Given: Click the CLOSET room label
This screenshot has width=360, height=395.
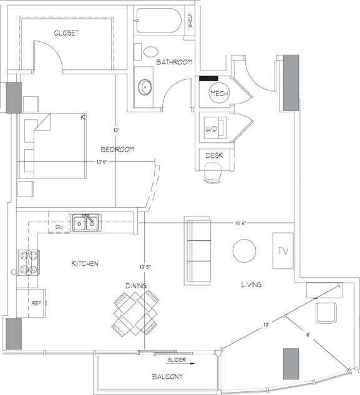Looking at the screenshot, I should [x=66, y=33].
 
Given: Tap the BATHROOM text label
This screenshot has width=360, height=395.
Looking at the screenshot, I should [x=173, y=62].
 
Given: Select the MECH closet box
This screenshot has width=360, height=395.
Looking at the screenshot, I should [x=219, y=94].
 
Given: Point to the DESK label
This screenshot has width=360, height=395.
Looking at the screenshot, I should [x=214, y=155].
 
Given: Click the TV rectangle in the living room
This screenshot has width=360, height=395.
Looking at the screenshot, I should [x=282, y=251].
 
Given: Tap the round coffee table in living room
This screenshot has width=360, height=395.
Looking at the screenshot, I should [x=244, y=251].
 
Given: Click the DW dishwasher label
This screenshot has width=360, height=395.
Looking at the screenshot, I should [x=59, y=227].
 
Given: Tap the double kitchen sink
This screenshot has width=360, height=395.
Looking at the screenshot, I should [x=86, y=222].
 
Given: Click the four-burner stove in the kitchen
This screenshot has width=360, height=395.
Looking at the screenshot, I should [x=27, y=263].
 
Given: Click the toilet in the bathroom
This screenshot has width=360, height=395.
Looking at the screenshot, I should [x=150, y=52].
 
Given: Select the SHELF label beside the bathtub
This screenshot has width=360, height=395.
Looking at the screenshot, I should [x=190, y=21].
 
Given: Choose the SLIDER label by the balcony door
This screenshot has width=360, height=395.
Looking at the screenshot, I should [x=177, y=361].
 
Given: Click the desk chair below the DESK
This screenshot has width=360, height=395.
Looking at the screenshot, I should [x=214, y=172].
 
